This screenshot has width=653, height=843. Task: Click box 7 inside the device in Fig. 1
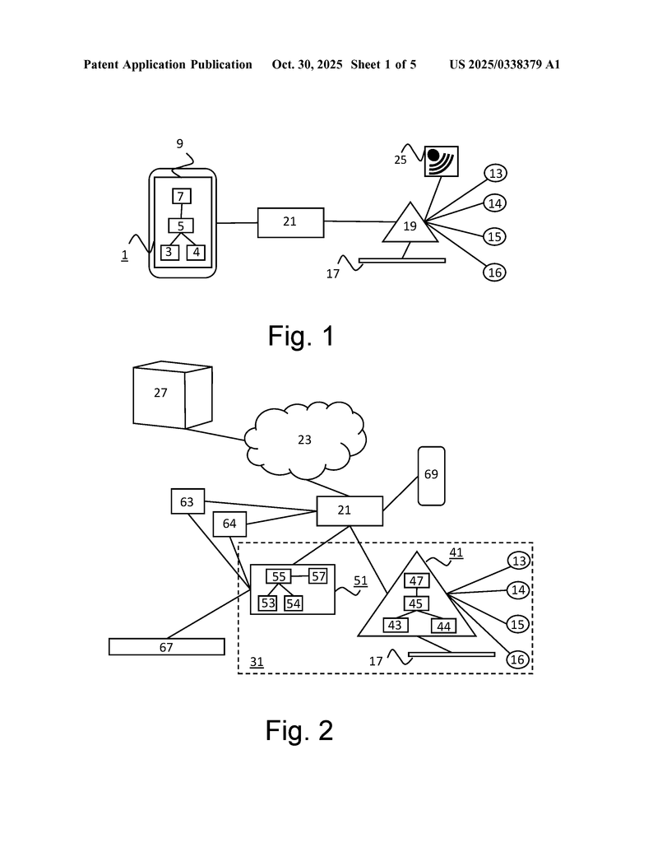tap(182, 196)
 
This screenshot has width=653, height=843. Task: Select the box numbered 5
tap(181, 225)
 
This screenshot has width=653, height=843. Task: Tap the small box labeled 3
tap(169, 252)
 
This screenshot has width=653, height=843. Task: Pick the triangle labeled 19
tap(410, 226)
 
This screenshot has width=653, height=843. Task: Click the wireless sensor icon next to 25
tap(441, 161)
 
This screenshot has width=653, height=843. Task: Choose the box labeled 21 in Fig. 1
tap(290, 222)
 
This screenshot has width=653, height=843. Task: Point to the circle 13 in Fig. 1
tap(495, 173)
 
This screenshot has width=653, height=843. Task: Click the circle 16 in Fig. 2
tap(517, 659)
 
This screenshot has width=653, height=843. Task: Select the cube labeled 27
tap(173, 395)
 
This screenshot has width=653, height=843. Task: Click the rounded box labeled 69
tap(432, 475)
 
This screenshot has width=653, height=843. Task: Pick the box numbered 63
tap(188, 501)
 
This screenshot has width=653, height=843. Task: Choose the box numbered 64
tap(229, 524)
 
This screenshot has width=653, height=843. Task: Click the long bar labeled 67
tap(166, 647)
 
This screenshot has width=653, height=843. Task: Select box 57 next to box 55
tap(318, 576)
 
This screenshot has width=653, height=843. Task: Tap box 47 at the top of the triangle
tap(416, 581)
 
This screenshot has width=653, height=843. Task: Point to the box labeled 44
tap(444, 626)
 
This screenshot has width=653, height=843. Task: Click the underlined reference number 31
tap(256, 662)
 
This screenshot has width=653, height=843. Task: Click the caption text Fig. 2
tap(299, 730)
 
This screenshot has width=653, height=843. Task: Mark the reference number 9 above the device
tap(179, 144)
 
